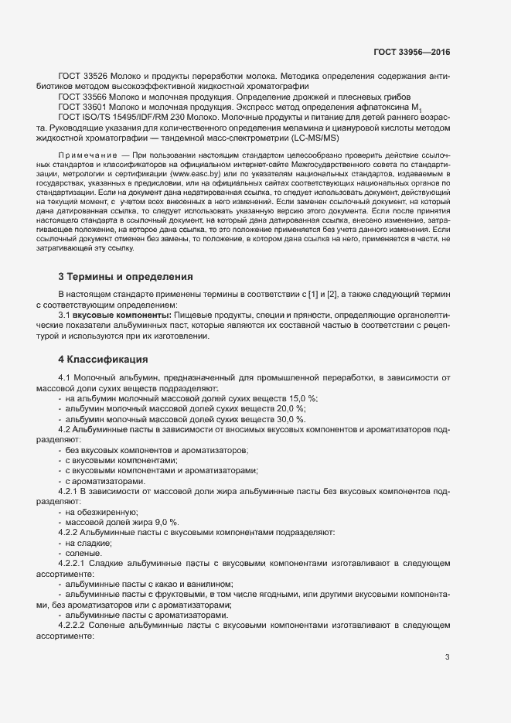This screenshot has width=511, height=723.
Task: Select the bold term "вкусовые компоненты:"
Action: tap(116, 316)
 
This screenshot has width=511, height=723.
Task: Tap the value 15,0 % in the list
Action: tap(291, 398)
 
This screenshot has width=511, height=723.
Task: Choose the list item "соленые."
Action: tap(83, 554)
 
